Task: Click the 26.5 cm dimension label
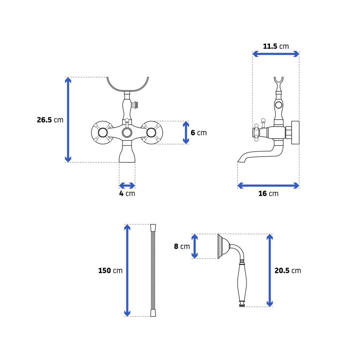(50, 120)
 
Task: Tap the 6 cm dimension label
(199, 133)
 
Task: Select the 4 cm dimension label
(127, 194)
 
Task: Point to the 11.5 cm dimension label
(276, 46)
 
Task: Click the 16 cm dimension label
(268, 194)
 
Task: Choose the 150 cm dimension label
(110, 270)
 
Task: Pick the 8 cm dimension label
(182, 246)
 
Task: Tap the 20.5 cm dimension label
(288, 270)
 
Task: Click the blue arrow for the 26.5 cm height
(68, 120)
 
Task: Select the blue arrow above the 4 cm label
(127, 185)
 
